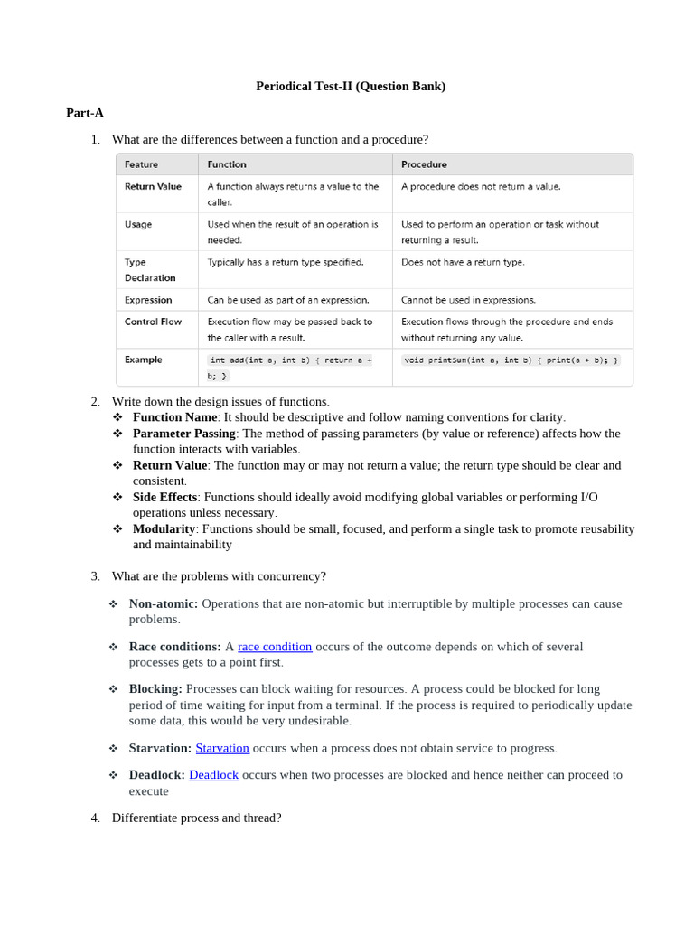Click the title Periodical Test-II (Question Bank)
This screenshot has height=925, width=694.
pos(351,87)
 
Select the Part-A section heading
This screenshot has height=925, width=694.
pos(85,113)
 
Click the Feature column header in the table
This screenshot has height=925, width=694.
pos(141,164)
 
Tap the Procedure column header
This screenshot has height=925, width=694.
pos(424,164)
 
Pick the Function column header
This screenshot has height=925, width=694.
pos(227,164)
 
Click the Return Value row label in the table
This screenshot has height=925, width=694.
pos(153,186)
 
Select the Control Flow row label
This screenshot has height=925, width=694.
pos(153,322)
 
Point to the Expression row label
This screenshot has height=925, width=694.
pos(148,300)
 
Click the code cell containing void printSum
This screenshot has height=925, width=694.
pos(511,360)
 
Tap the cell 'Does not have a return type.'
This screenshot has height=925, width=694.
pos(463,262)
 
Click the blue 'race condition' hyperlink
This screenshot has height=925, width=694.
pos(275,647)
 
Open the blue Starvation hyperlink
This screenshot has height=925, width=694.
pos(222,748)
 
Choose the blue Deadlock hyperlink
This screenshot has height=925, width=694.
pos(214,775)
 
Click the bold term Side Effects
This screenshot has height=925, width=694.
pos(164,497)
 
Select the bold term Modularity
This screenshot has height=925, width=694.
pos(164,528)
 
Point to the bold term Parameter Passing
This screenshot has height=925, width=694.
pos(183,434)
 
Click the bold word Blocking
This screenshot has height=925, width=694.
pos(155,689)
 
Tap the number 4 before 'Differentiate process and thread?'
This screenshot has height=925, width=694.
pos(95,818)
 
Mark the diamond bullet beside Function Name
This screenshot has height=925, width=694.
pos(117,417)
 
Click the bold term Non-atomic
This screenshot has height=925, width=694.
pos(163,603)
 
